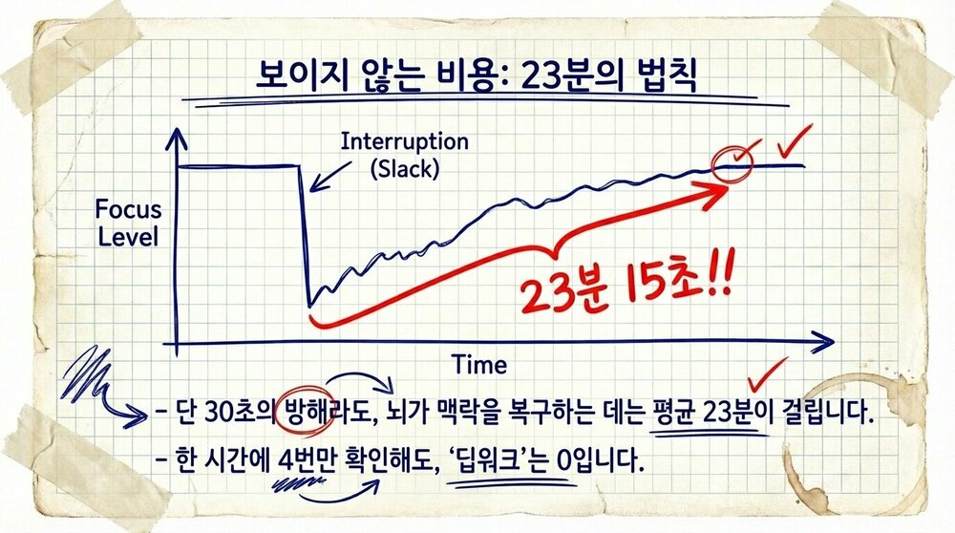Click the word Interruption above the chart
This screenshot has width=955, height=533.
405,142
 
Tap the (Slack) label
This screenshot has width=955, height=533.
405,171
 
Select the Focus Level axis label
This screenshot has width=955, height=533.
128,223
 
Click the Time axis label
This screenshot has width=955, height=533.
479,364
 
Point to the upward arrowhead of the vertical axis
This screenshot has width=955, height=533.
175,139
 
